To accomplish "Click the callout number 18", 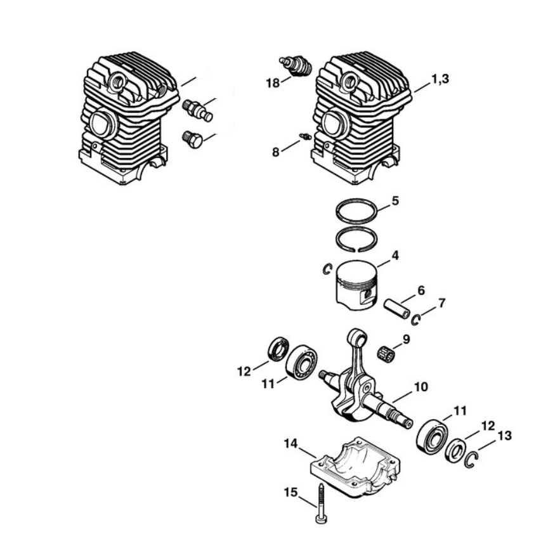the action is click(273, 84).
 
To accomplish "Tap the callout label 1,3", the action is click(440, 79).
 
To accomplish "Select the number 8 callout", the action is click(275, 152).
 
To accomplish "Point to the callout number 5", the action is click(395, 200).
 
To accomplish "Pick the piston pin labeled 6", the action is click(397, 309).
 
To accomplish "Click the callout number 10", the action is click(421, 387).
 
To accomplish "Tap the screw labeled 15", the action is click(320, 503).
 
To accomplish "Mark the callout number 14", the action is click(291, 444).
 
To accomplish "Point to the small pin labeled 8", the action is click(304, 136).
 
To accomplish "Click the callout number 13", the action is click(504, 436).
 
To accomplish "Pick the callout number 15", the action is click(291, 493).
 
